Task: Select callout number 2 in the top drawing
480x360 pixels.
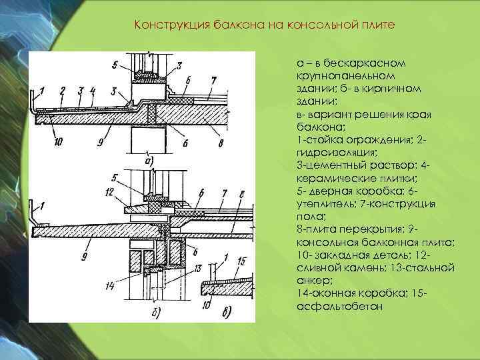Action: pos(62,90)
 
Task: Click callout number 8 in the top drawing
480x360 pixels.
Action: pos(221,143)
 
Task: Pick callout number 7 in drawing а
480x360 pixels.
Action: pos(213,81)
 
